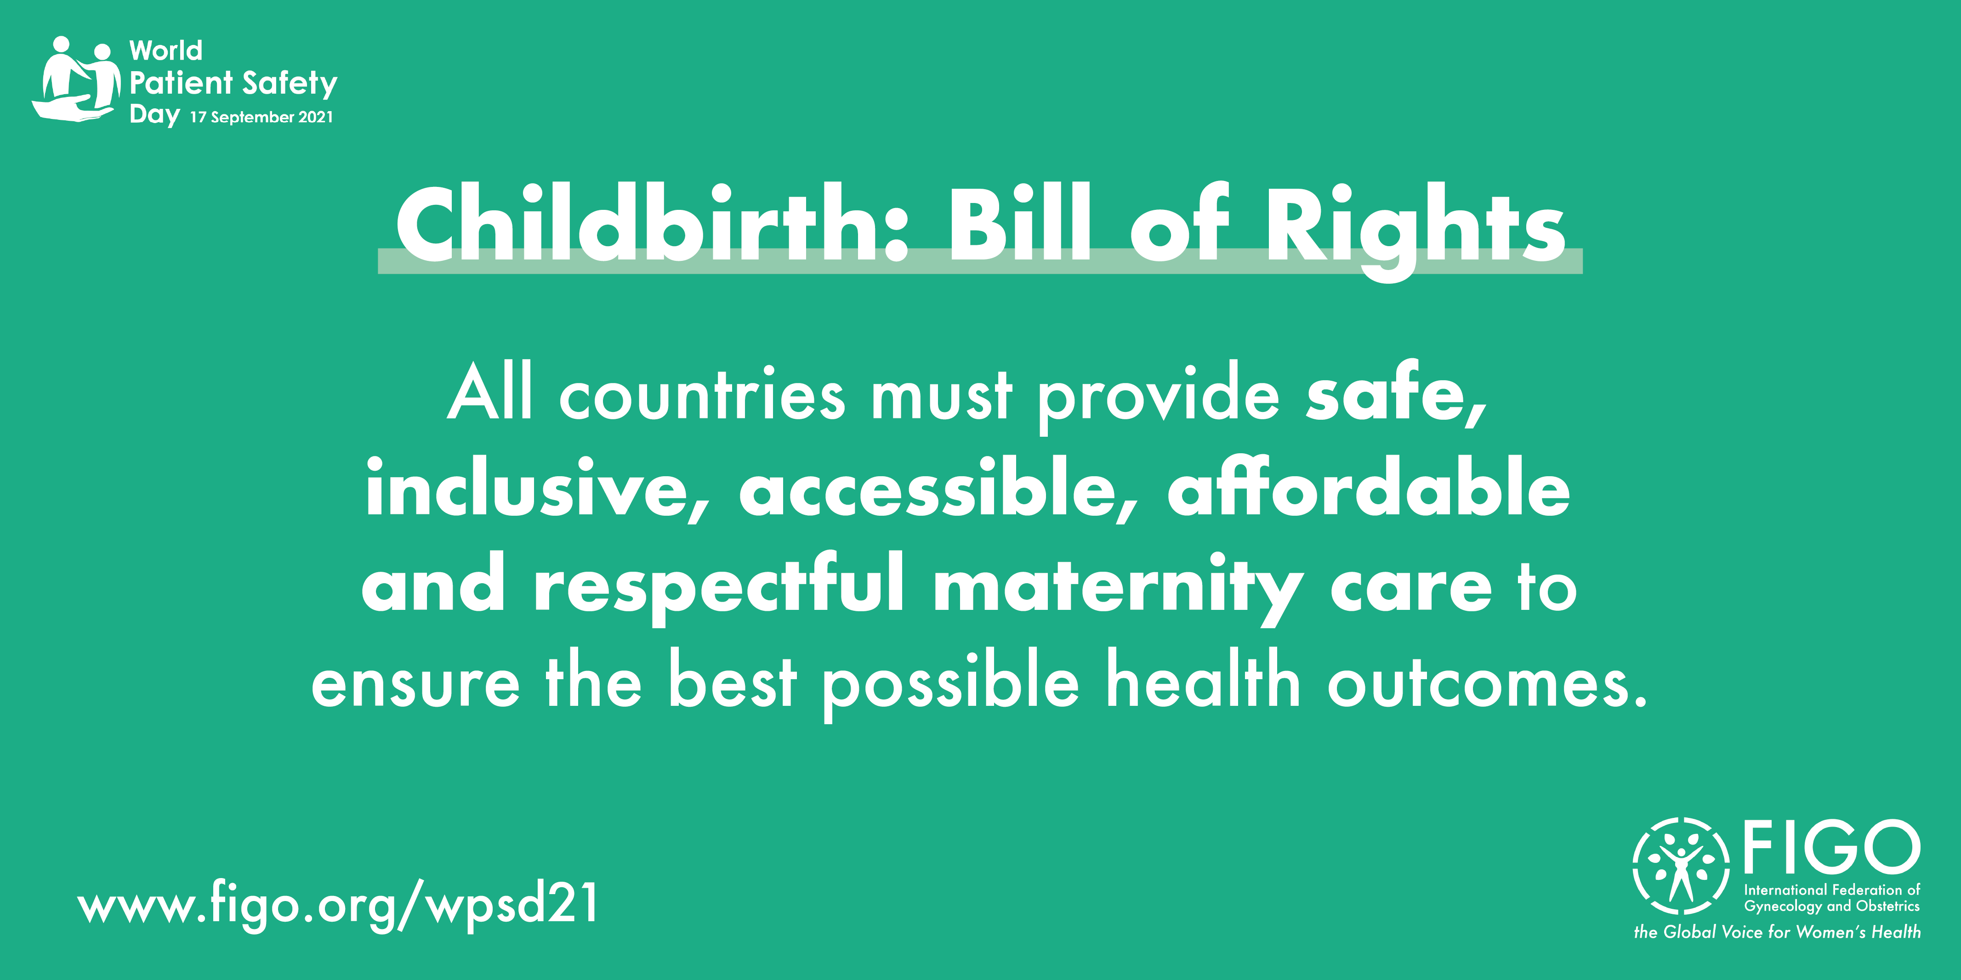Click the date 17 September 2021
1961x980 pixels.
coord(261,117)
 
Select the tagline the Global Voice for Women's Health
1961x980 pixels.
coord(1777,932)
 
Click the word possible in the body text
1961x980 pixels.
coord(951,682)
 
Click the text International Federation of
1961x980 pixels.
coord(1831,890)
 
